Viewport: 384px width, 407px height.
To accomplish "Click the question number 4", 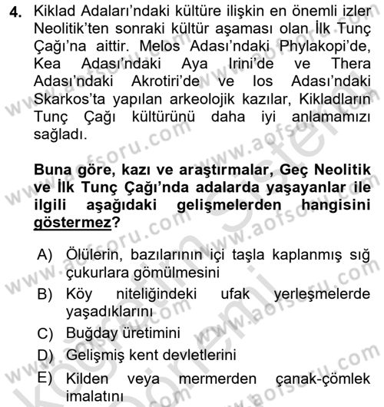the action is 13,15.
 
